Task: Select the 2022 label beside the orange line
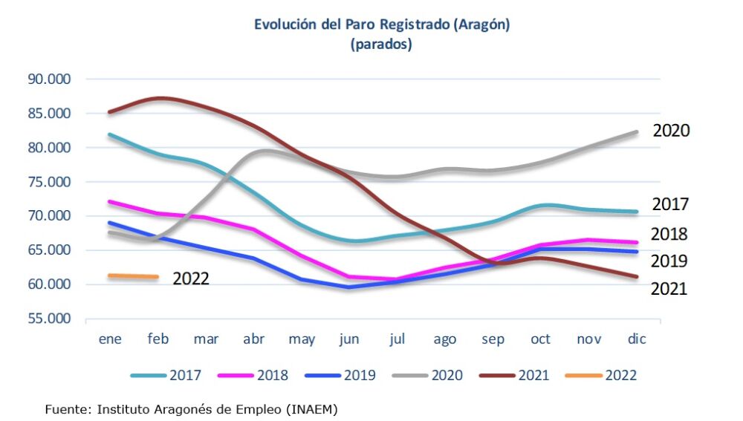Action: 191,279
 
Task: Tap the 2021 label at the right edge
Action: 669,289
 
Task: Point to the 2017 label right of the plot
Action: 670,204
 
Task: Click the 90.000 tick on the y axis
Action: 49,79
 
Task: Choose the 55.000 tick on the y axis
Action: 49,319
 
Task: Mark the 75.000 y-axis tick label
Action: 49,182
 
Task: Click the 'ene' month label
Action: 111,339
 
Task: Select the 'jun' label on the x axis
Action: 349,339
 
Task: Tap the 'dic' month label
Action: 637,339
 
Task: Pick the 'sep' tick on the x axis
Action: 493,339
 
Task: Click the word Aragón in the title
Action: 481,24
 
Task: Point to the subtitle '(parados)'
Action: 381,45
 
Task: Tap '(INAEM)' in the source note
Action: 317,408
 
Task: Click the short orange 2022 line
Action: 133,276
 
